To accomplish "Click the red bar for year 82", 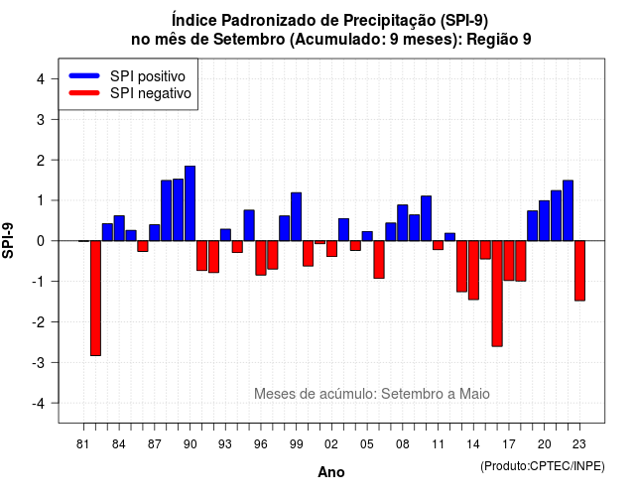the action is tap(95, 298).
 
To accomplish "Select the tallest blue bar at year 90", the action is tap(190, 203).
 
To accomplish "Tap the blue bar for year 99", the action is tap(296, 216).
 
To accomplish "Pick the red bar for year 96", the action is tap(261, 258).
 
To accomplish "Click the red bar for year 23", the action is tap(579, 271).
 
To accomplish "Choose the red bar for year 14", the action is tap(473, 270).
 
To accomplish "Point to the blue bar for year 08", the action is tap(403, 222).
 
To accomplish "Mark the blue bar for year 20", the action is tap(545, 220).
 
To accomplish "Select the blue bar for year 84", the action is tap(119, 228).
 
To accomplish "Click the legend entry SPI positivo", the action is tap(148, 76).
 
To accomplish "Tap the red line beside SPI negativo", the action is tap(84, 93).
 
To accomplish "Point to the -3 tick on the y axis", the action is tap(56, 362).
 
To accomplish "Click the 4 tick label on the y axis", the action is tap(41, 79).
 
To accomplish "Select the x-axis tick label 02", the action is tap(331, 444).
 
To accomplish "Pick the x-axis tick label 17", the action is tap(509, 444).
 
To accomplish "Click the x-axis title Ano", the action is tap(331, 472).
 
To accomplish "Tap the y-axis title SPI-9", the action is tap(8, 240).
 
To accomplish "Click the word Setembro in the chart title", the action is tap(249, 40).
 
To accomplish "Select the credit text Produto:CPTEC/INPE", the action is tap(543, 466).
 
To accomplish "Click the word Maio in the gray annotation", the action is tap(474, 394).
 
